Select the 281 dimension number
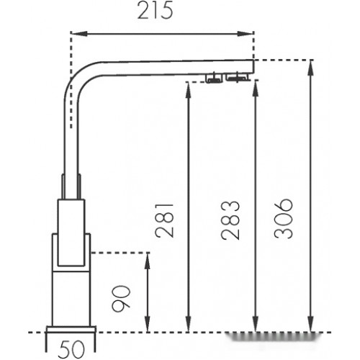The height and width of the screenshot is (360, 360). point(164,220)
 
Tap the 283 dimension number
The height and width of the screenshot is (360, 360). point(230,220)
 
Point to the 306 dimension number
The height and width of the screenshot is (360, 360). point(284,218)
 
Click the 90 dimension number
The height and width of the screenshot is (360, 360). point(122,298)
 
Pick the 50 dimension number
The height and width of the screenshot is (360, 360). point(72,349)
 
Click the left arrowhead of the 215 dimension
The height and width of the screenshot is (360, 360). point(78,34)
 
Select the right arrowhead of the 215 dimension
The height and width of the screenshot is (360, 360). point(246,34)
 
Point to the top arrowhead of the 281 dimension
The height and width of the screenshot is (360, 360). point(188,90)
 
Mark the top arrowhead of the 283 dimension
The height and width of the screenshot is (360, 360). point(256,89)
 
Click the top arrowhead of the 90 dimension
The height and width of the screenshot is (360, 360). point(148,261)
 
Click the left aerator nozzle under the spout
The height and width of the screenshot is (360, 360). point(214,78)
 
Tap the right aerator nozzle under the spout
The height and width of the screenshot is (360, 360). point(237,77)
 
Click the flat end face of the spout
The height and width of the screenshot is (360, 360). point(253,66)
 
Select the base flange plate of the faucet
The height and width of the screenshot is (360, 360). point(71,329)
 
